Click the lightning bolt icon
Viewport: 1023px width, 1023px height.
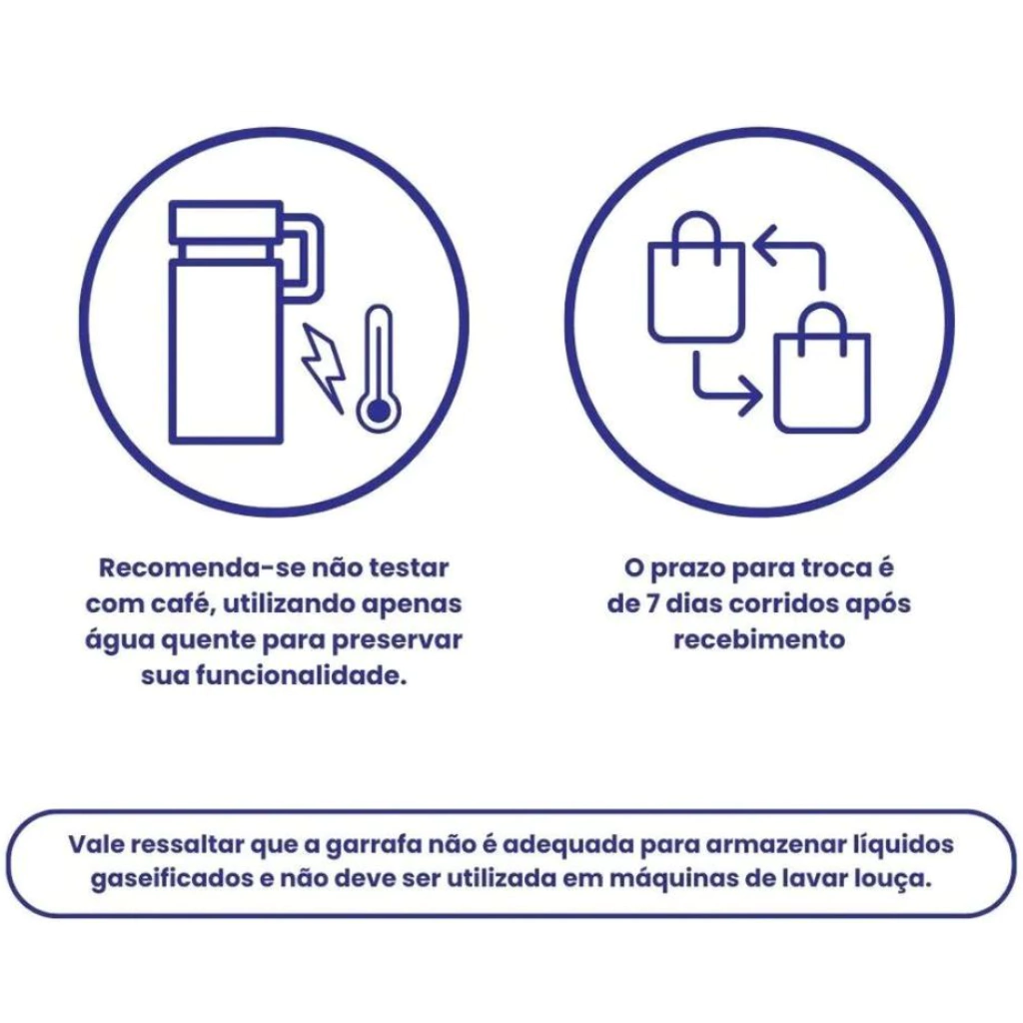[323, 368]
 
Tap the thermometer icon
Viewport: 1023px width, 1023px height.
[379, 368]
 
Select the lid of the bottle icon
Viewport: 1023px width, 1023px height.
[226, 223]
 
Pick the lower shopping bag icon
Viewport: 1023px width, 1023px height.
[822, 368]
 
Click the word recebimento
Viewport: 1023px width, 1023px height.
[759, 639]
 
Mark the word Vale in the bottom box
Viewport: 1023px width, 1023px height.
[97, 844]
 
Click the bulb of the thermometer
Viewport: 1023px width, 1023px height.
[379, 411]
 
